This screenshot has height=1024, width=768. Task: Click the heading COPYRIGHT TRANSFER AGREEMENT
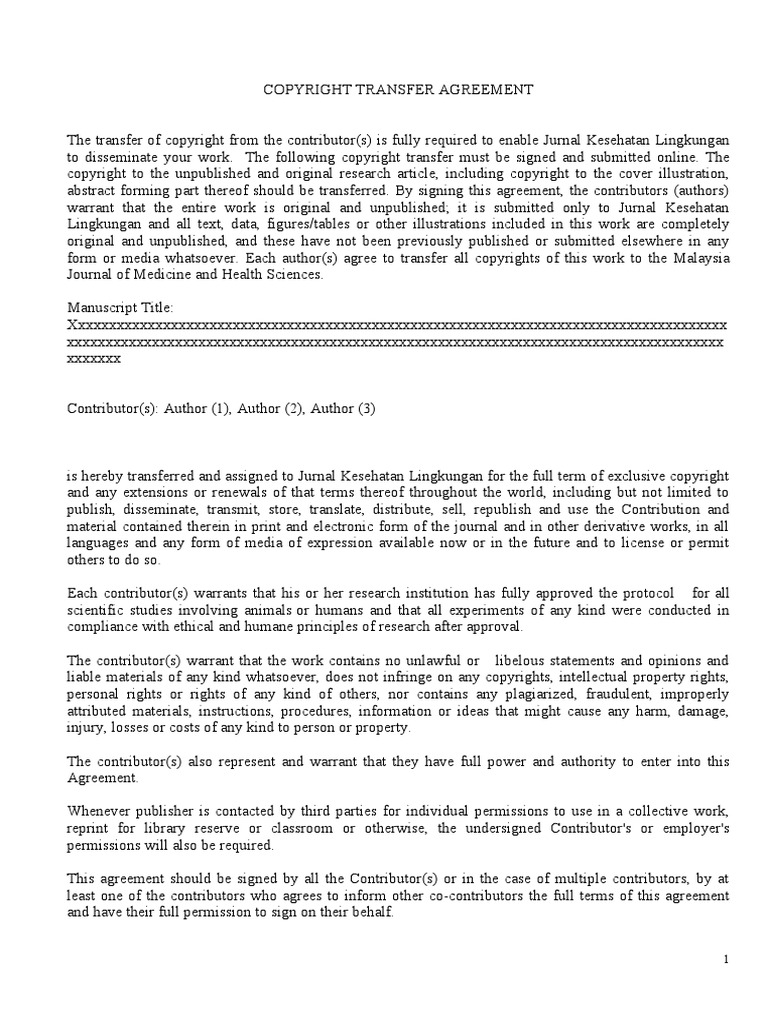pos(398,90)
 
